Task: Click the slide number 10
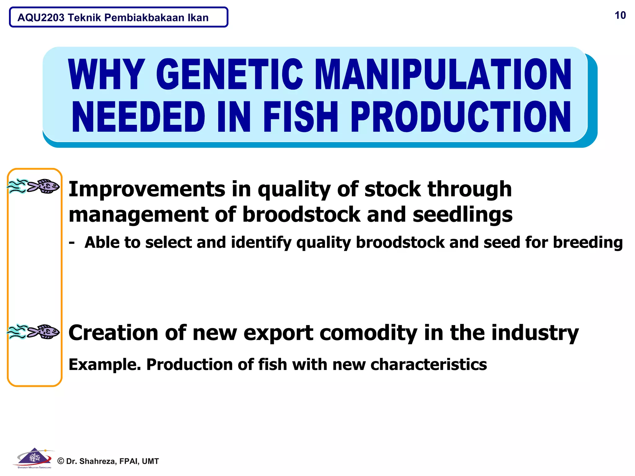coord(620,15)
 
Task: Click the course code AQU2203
coord(41,18)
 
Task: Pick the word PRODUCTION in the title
coord(460,117)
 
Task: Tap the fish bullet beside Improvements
coord(34,186)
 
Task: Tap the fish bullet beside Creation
coord(34,332)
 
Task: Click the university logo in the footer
coord(34,458)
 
